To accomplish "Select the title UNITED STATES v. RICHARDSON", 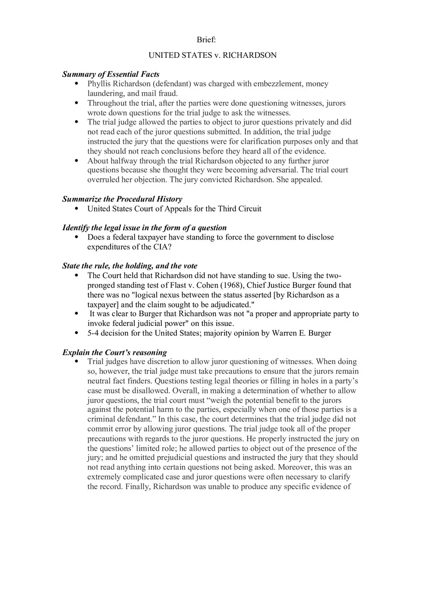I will tap(212, 55).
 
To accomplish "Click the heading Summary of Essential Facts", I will tap(111, 74).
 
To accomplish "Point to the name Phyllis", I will tap(100, 84).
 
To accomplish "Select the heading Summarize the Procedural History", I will tap(122, 199).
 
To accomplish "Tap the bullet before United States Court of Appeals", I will tap(76, 209).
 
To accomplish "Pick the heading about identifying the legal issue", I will tap(144, 227).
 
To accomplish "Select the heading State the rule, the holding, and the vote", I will tap(129, 266).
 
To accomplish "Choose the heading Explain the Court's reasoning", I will tap(114, 352).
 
